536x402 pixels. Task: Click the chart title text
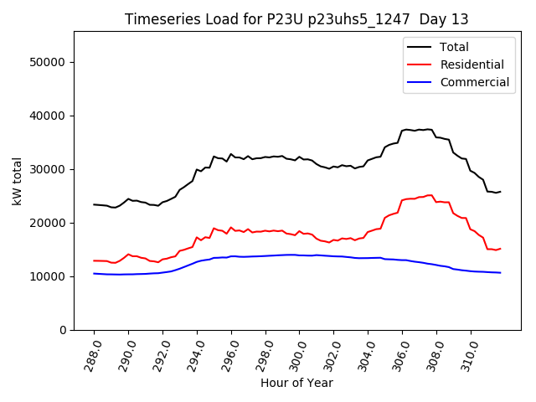click(x=296, y=19)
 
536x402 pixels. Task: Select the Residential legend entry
click(x=472, y=64)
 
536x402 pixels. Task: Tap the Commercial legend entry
click(x=474, y=82)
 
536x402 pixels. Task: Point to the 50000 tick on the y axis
click(x=49, y=62)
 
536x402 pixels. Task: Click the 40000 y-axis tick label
click(x=49, y=116)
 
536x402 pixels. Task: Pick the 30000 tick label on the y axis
click(x=49, y=169)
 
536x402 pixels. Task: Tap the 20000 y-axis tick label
click(x=49, y=223)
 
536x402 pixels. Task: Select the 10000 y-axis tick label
click(x=49, y=276)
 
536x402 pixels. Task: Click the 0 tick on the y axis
click(x=63, y=330)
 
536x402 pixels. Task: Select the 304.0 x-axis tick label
click(x=366, y=353)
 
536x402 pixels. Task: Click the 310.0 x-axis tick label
click(x=468, y=353)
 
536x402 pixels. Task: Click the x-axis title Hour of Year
click(x=296, y=383)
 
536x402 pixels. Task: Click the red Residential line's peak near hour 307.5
click(x=430, y=195)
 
